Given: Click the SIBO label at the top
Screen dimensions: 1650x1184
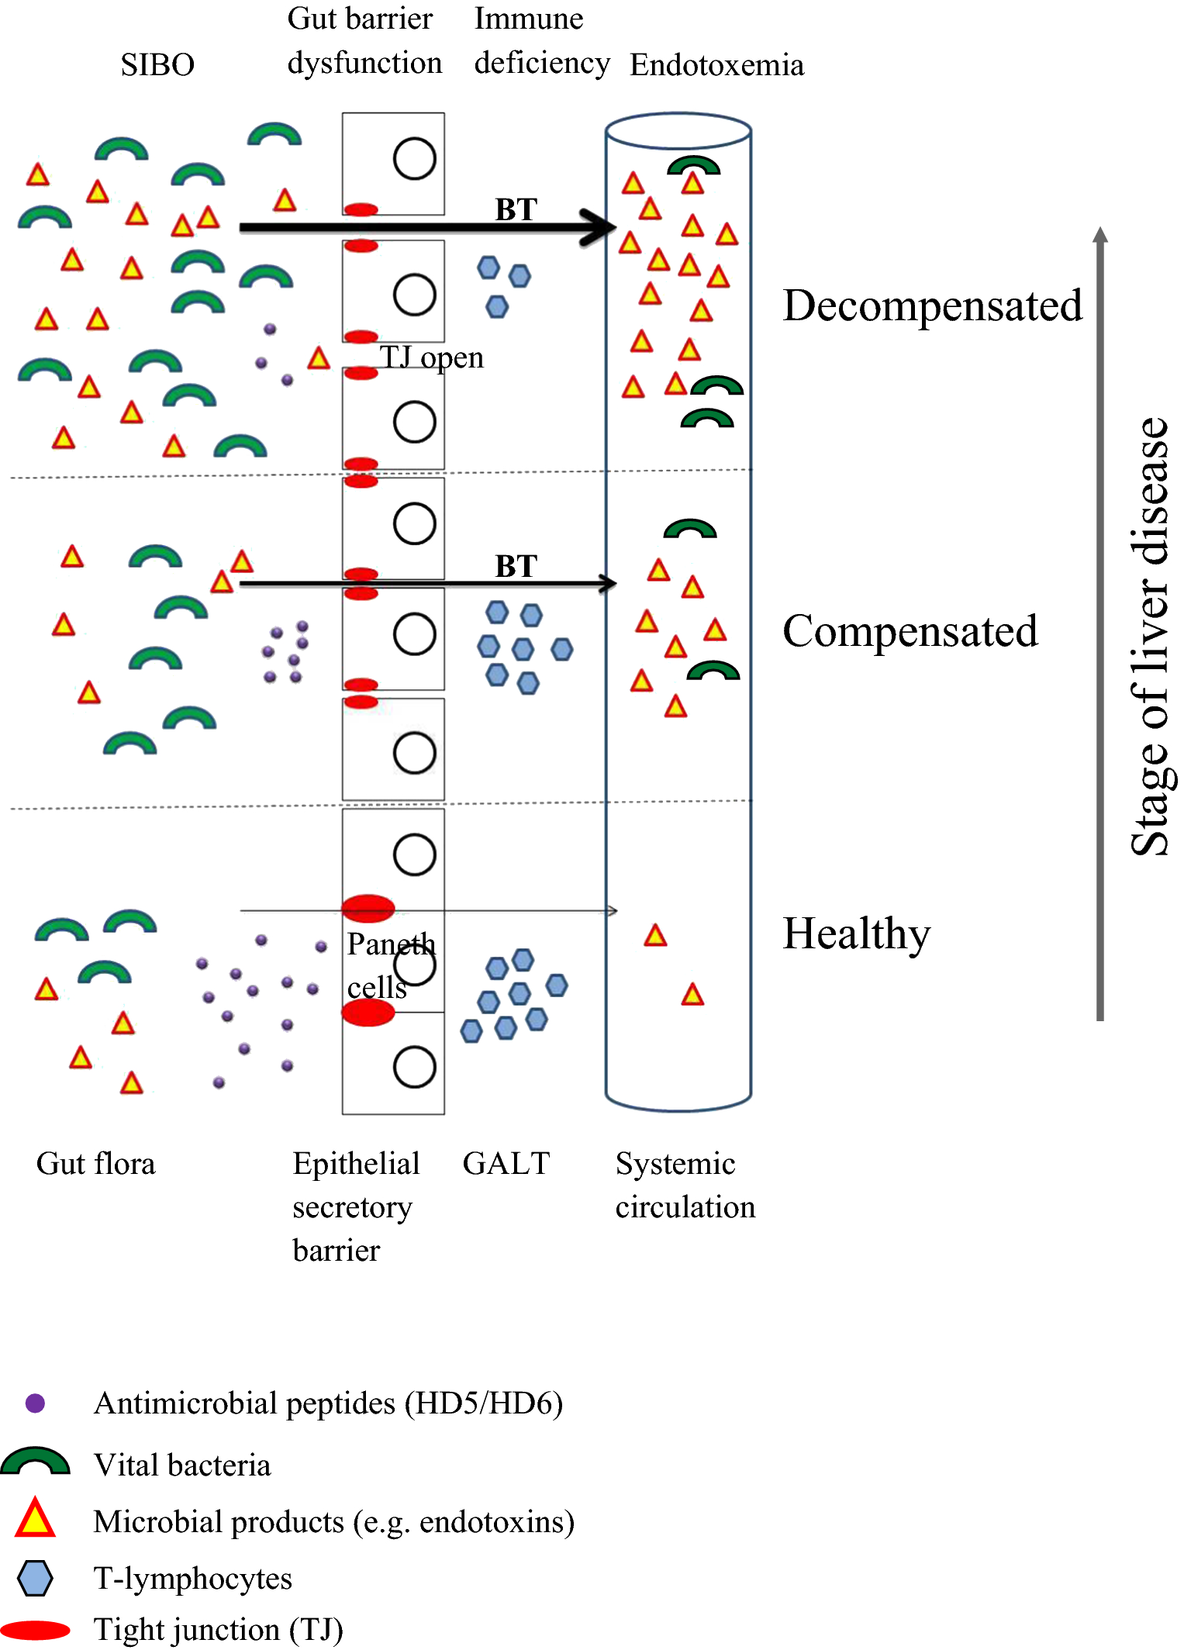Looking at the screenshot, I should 157,64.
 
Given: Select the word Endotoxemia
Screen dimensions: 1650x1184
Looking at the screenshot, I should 716,65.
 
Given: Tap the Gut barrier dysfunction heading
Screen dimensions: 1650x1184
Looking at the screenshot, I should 364,40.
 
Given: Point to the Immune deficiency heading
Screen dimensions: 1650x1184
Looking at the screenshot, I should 541,40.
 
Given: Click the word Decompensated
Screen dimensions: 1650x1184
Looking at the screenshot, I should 932,305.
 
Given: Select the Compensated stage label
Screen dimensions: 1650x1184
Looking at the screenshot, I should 910,631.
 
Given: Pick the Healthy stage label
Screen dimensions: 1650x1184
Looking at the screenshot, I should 856,934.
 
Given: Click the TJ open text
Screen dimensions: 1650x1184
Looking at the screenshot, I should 431,357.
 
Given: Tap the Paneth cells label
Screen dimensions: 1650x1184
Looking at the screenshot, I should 390,965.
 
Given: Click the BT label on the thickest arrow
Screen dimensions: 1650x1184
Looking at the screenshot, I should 516,209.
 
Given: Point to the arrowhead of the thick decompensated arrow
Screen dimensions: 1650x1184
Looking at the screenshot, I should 601,227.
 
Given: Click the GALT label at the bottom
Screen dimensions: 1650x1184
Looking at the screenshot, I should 506,1164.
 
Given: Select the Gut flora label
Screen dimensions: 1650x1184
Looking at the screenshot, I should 96,1164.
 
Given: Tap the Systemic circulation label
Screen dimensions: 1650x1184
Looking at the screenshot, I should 685,1185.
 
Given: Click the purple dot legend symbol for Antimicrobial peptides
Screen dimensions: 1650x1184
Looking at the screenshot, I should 35,1403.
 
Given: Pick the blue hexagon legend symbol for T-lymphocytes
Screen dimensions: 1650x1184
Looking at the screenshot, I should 35,1579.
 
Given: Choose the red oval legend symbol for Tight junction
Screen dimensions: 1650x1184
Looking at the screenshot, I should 35,1630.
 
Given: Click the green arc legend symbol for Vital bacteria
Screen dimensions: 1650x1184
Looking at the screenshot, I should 35,1462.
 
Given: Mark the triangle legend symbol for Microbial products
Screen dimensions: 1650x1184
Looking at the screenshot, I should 35,1520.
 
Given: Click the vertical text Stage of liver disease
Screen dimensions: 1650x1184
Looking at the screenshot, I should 1150,636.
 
